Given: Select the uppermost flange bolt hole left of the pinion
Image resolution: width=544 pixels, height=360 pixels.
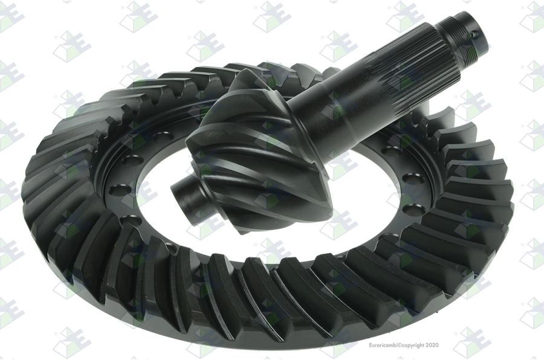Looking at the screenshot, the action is (x=160, y=135).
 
